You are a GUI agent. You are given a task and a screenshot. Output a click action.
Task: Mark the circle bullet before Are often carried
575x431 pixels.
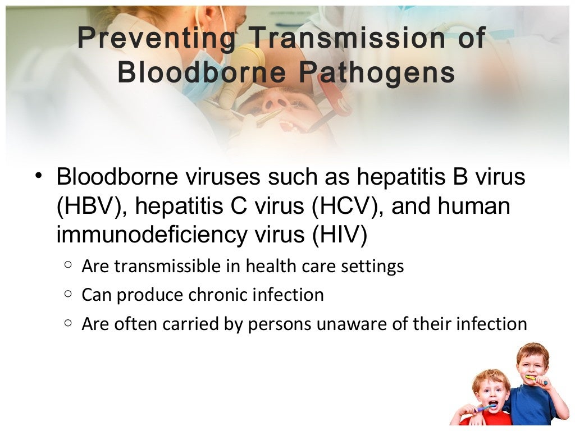[67, 323]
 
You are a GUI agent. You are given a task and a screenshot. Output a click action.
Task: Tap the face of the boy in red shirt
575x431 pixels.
[490, 391]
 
